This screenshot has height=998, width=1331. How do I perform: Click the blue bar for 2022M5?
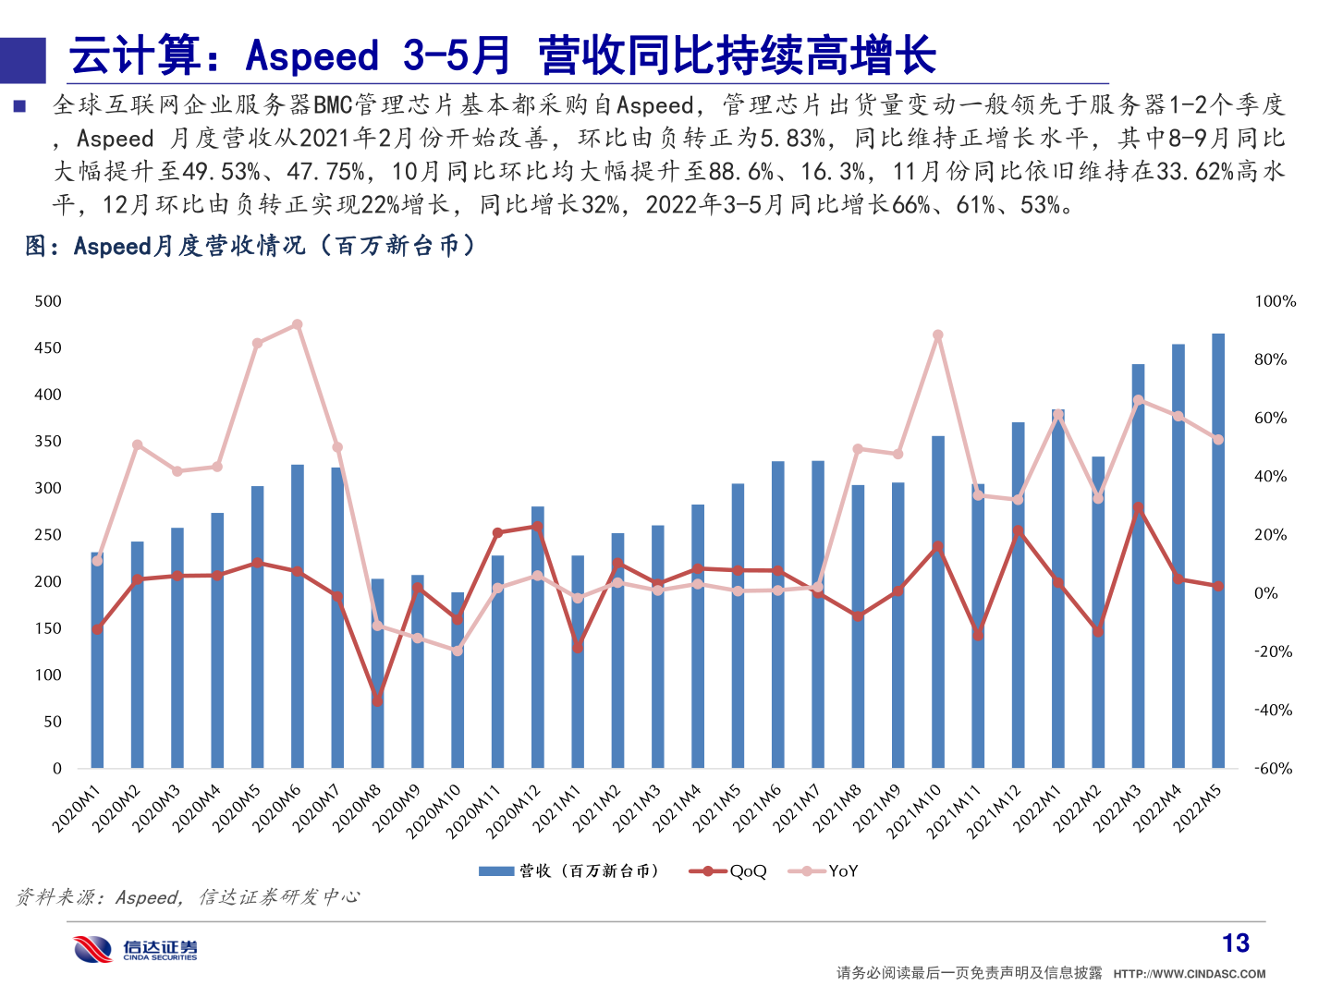coord(1218,554)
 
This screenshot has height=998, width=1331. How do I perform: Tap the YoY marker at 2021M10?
coord(938,335)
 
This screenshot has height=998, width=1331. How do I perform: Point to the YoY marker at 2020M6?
coord(297,324)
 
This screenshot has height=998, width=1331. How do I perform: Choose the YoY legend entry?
coord(824,870)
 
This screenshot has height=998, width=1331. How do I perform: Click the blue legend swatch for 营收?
coord(496,870)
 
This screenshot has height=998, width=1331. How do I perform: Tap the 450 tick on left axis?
coord(48,347)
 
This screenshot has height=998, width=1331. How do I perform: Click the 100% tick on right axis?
coord(1275,301)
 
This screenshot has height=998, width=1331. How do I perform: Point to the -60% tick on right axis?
coord(1273,768)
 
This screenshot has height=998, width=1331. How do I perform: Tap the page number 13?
coord(1235,943)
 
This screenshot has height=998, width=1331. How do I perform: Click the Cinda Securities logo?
coord(136,949)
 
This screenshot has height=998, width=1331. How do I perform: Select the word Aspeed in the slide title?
coord(312,55)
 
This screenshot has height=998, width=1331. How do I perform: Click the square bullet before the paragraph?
coord(19,106)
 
